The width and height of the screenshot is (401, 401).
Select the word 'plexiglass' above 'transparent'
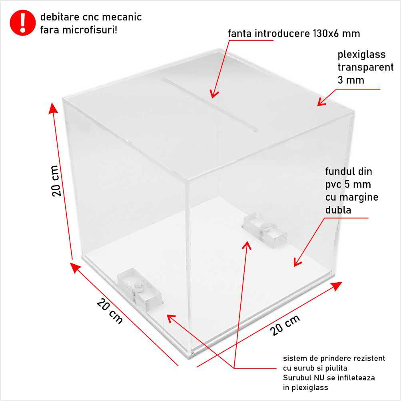pyautogui.click(x=361, y=55)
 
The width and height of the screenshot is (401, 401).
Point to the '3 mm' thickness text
pyautogui.click(x=351, y=80)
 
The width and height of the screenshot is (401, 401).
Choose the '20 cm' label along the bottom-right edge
pyautogui.click(x=285, y=325)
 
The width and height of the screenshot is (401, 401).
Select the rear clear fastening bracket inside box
pyautogui.click(x=265, y=230)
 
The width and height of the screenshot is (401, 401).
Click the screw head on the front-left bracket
pyautogui.click(x=138, y=286)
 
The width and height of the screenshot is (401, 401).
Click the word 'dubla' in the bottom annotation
pyautogui.click(x=338, y=209)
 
